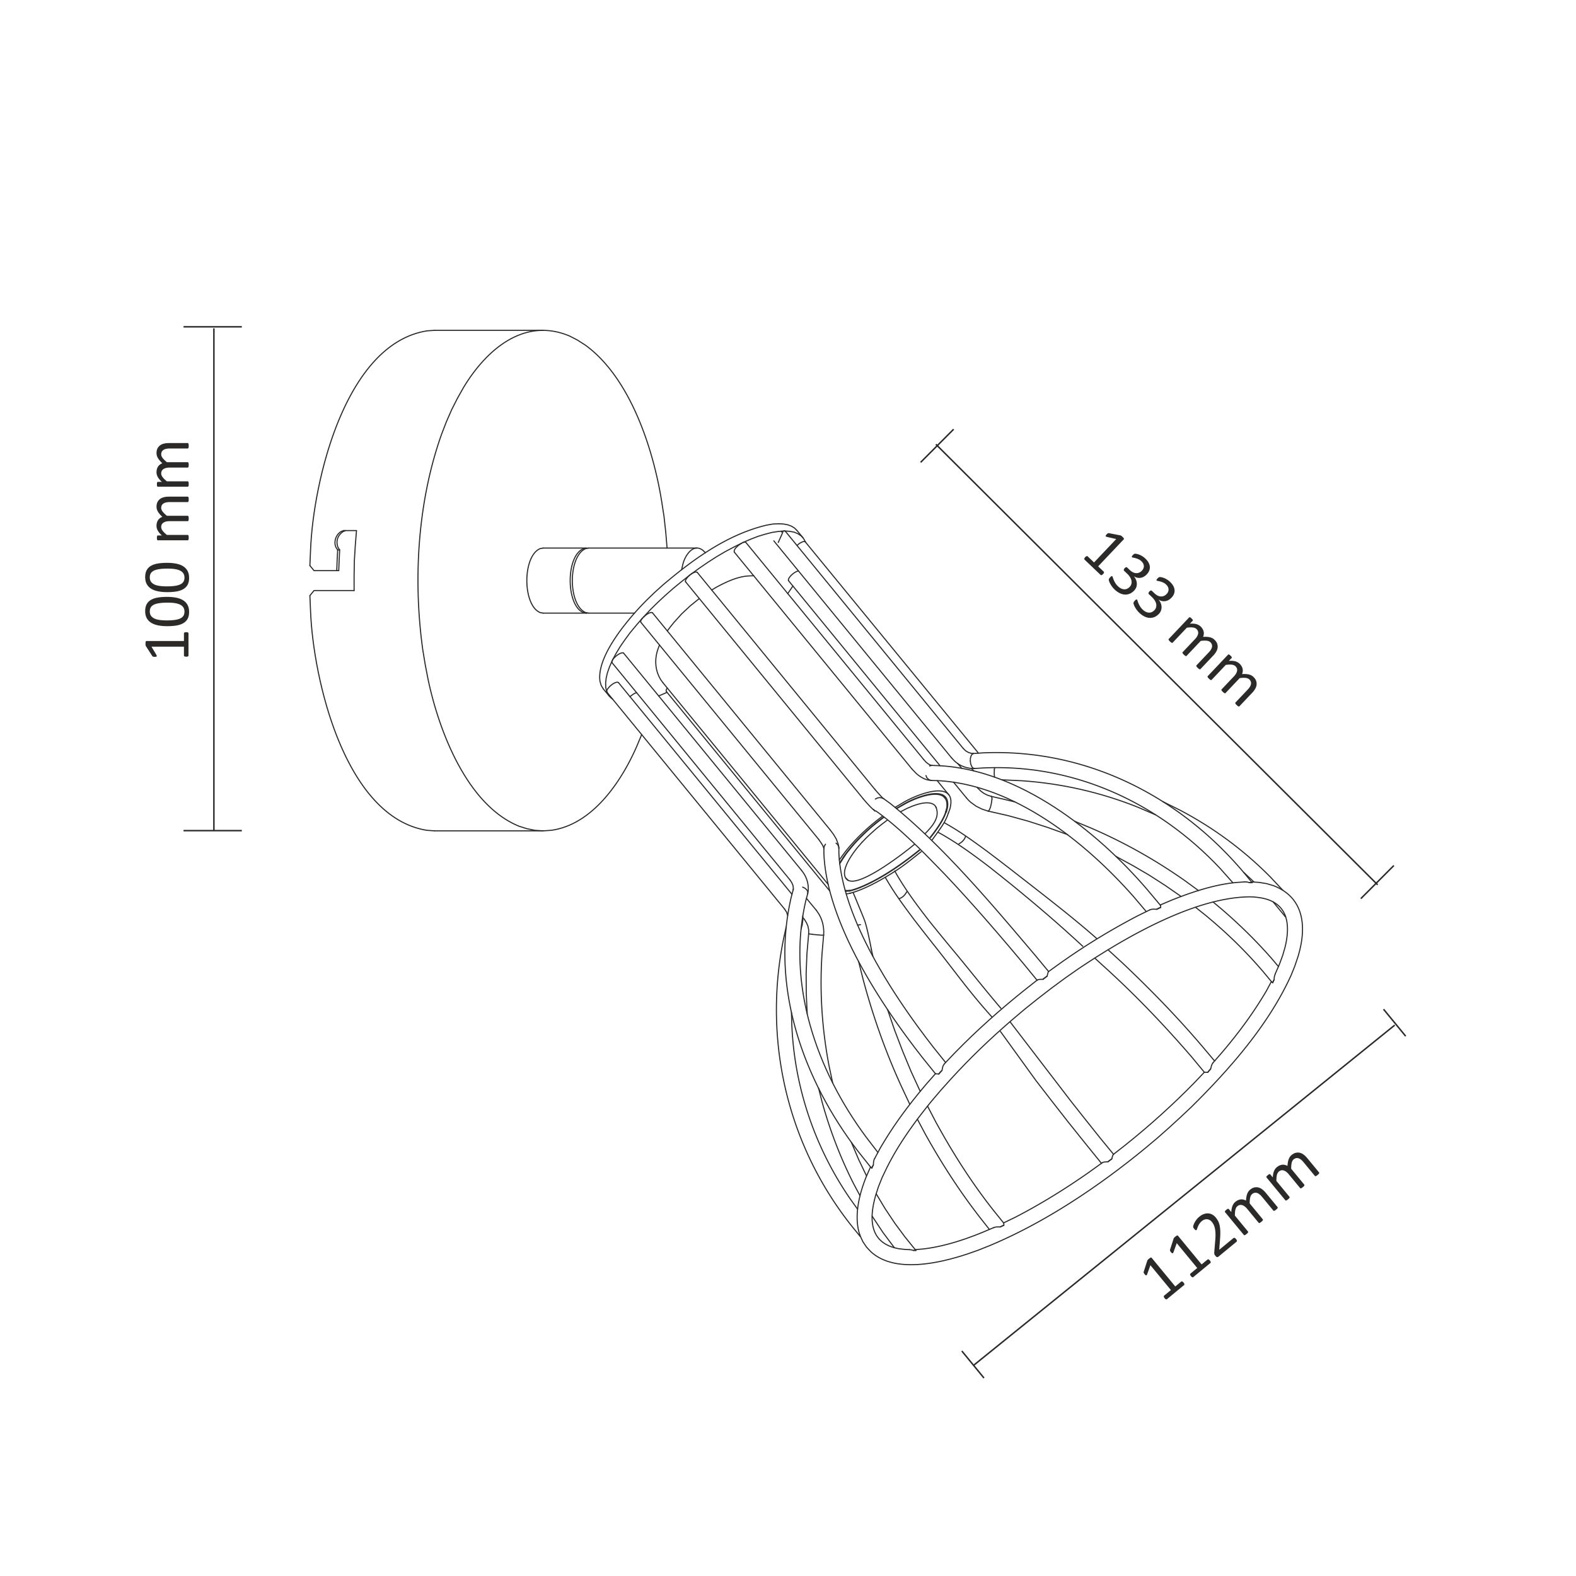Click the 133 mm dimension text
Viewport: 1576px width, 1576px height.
click(x=1171, y=620)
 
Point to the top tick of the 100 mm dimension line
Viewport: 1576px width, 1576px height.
click(x=213, y=327)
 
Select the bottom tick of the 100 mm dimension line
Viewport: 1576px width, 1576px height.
click(x=213, y=830)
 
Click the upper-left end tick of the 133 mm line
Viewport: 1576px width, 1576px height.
click(x=937, y=446)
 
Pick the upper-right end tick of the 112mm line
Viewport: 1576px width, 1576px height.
click(x=1394, y=1023)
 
